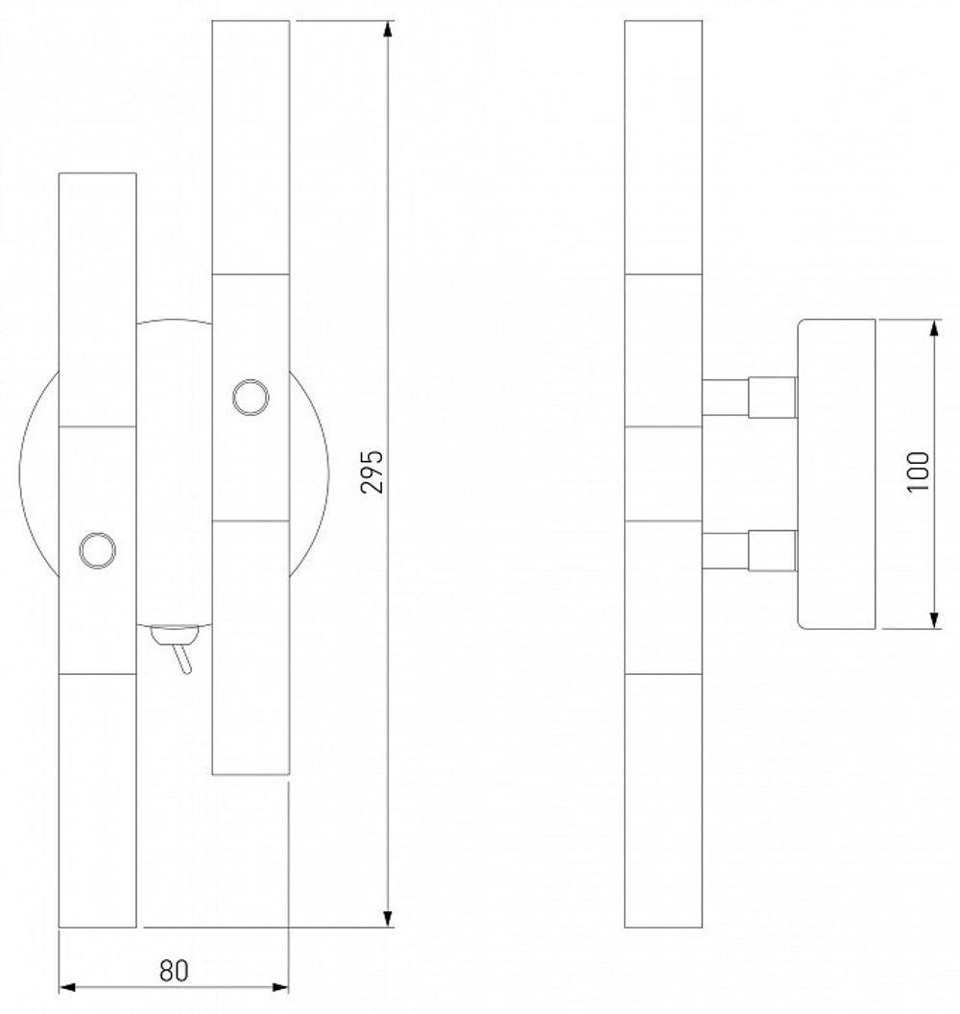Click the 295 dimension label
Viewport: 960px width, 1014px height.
(x=375, y=471)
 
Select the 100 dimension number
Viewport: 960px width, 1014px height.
(x=919, y=471)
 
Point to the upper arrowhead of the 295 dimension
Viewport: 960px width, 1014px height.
(x=389, y=29)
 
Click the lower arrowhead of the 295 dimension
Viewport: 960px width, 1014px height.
(x=389, y=919)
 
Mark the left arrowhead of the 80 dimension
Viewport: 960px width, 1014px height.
(x=67, y=986)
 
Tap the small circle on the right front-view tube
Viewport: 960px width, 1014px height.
(x=250, y=397)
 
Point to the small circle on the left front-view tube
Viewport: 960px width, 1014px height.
(x=97, y=549)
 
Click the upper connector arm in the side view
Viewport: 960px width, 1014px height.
(x=749, y=397)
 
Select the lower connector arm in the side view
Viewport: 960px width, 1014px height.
(x=749, y=549)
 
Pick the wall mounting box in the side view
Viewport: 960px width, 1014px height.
(x=836, y=474)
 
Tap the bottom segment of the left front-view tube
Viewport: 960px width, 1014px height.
(x=97, y=801)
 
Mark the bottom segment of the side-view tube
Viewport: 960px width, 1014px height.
(x=662, y=801)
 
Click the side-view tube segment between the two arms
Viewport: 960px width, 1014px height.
(x=662, y=472)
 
